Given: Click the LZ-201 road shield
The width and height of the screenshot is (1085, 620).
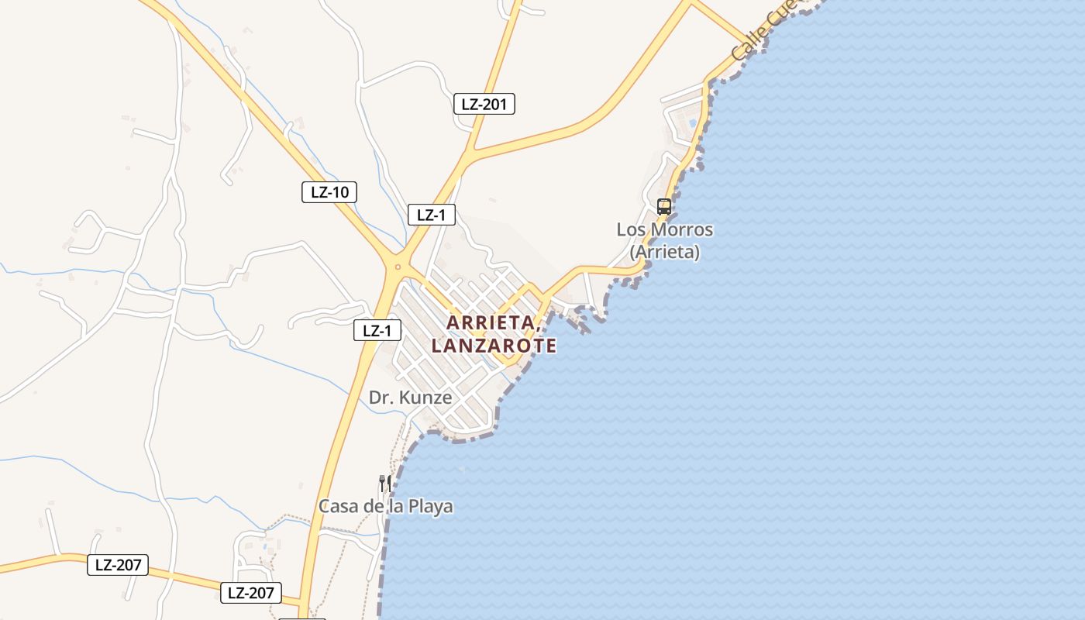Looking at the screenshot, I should (x=484, y=104).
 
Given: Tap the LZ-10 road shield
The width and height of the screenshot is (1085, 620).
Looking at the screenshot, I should (x=329, y=192).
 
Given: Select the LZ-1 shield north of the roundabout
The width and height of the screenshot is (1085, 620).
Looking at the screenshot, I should (x=431, y=215).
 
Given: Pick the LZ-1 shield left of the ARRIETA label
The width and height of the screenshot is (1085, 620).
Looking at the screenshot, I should (x=377, y=330).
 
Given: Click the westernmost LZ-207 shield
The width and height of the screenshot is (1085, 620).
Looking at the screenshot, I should (x=118, y=565).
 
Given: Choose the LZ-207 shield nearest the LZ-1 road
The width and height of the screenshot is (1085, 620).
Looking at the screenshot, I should (x=250, y=594).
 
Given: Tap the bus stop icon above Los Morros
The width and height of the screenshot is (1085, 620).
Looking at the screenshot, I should (x=664, y=206).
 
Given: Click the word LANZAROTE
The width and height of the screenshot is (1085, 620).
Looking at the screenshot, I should (x=494, y=346).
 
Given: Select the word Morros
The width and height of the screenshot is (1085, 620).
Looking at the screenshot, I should (x=680, y=230).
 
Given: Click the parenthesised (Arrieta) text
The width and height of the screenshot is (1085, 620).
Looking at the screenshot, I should (x=665, y=252).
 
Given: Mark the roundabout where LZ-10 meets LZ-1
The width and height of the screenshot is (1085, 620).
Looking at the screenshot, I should (x=398, y=267).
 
